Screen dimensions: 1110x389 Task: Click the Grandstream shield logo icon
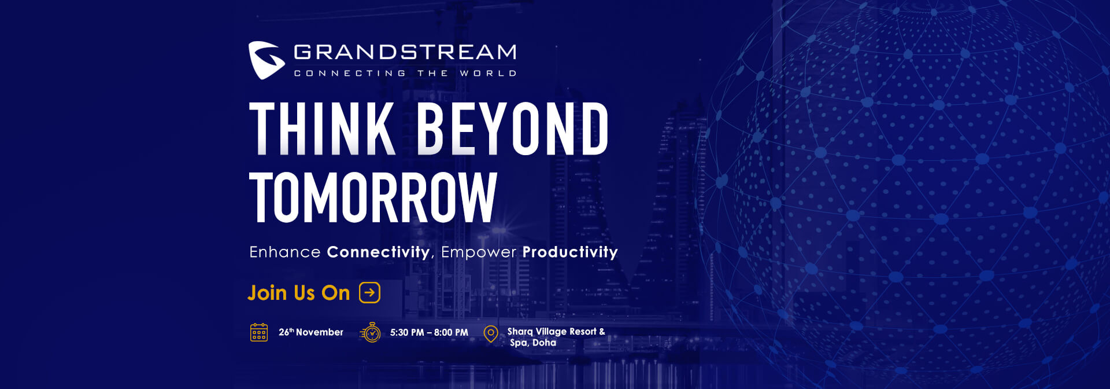267,60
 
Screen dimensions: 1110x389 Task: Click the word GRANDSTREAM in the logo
405,52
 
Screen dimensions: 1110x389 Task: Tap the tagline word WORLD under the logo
488,74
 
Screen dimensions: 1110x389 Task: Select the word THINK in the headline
323,129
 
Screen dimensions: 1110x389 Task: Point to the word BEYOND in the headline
512,129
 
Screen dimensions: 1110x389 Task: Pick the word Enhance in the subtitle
285,252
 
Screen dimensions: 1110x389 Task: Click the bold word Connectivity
378,252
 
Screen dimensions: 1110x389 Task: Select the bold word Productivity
570,252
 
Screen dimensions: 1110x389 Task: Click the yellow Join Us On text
299,293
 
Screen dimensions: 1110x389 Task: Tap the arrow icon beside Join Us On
370,292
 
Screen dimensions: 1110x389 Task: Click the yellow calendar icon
259,332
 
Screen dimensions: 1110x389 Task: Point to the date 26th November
311,332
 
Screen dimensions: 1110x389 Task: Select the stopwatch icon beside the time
371,332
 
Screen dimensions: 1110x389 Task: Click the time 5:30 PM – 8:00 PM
429,333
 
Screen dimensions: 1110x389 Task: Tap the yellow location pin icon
491,334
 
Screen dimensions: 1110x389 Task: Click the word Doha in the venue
545,343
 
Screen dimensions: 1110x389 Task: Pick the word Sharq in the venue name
520,332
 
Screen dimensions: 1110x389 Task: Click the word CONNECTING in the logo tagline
350,74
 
